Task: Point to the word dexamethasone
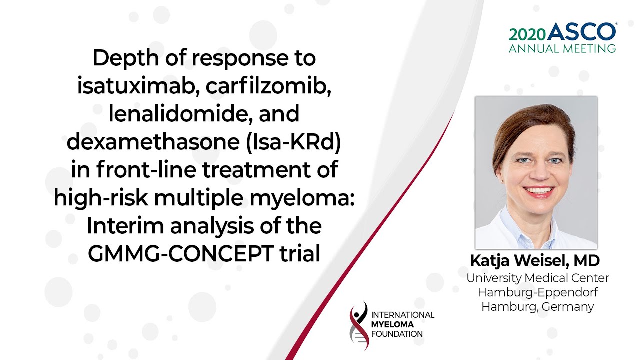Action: click(153, 141)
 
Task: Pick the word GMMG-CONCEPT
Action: click(180, 253)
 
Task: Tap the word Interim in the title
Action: click(125, 225)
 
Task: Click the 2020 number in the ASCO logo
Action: click(527, 34)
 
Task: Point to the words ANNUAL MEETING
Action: click(562, 49)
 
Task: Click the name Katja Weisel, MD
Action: click(535, 261)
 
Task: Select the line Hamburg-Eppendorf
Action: click(538, 292)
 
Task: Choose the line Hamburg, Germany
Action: click(537, 307)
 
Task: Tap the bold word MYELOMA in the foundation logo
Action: click(392, 324)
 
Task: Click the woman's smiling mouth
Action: click(538, 191)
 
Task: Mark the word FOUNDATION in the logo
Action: click(397, 334)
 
